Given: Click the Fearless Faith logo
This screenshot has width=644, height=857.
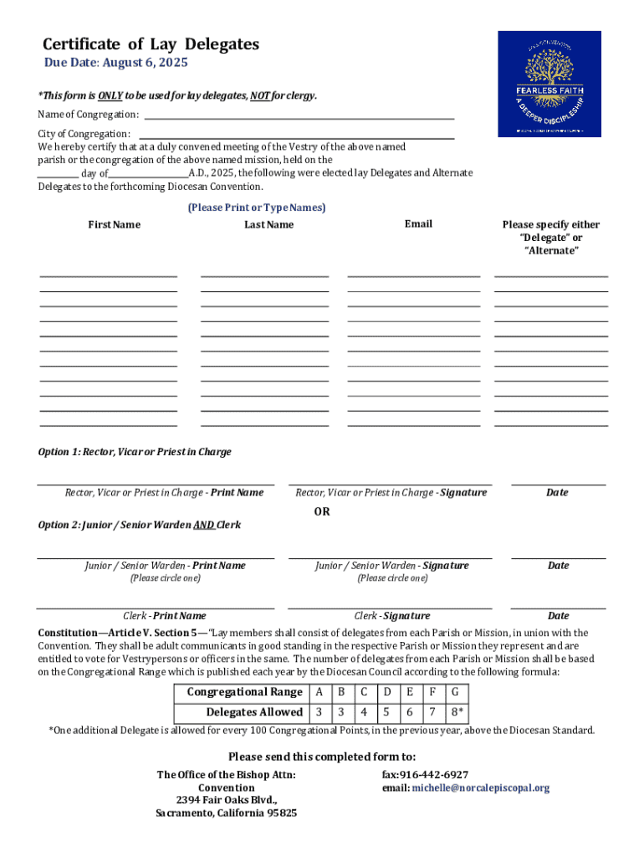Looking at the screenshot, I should tap(549, 84).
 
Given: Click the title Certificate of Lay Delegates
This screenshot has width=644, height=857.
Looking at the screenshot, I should tap(151, 44).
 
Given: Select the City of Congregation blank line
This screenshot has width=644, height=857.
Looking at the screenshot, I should tap(296, 136).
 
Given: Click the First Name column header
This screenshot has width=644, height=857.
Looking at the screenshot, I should tap(115, 224).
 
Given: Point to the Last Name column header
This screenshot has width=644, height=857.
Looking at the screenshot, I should tap(268, 224).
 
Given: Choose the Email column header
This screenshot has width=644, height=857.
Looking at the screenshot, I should tap(417, 223).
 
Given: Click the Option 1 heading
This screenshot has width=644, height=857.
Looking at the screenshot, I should tap(135, 452).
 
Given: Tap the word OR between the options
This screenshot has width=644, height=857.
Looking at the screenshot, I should tap(322, 511).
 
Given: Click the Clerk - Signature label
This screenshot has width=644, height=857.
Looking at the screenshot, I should tap(392, 616).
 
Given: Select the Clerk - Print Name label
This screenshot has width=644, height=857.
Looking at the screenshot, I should tap(165, 616).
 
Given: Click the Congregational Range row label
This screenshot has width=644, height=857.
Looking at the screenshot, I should tap(244, 692).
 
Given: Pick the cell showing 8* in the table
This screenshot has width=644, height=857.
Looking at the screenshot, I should tap(455, 712).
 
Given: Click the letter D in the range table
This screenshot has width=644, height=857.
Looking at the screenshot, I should tap(386, 692).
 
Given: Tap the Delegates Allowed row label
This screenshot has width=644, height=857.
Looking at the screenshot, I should tap(254, 712).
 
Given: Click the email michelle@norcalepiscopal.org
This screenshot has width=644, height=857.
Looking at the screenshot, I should tap(480, 788).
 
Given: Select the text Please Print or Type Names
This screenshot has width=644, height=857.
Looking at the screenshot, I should tap(256, 208).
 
